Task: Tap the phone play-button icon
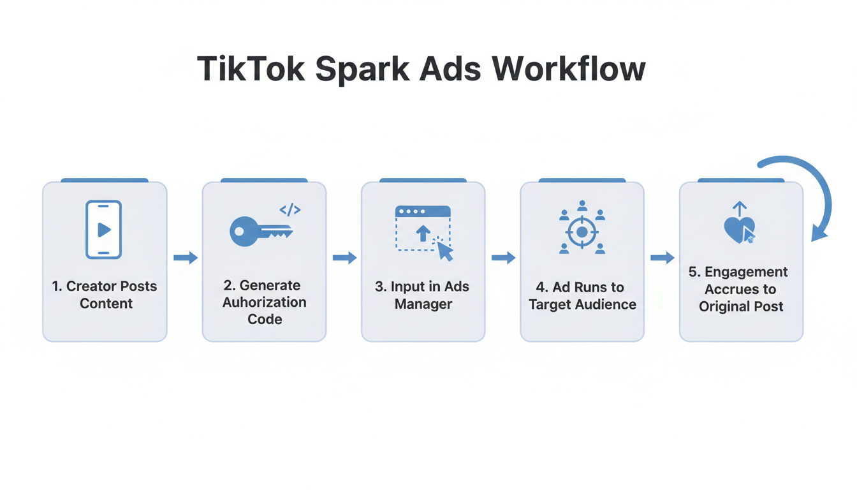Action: (x=103, y=230)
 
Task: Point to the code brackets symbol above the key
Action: (x=290, y=209)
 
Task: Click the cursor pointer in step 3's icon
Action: (x=444, y=251)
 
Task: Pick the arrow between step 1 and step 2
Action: (x=186, y=258)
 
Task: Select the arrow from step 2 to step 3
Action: (x=345, y=258)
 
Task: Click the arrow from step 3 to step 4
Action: (x=504, y=258)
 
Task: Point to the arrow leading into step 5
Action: (x=663, y=258)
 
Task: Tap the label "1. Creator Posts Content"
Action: (x=105, y=295)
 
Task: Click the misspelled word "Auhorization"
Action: (x=264, y=302)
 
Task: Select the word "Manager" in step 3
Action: (x=423, y=304)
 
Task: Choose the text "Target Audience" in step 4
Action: (x=582, y=304)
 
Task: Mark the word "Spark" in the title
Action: (x=362, y=68)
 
